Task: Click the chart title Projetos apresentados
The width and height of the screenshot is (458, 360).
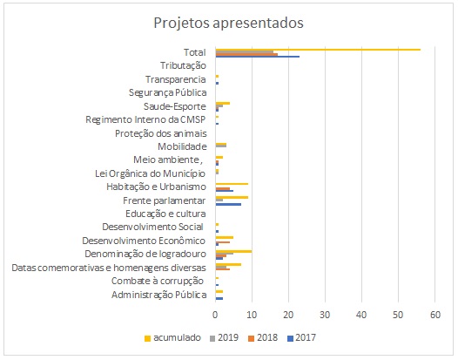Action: [228, 23]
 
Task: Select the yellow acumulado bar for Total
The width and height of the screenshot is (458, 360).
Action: [318, 50]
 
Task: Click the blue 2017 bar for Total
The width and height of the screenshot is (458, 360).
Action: [258, 56]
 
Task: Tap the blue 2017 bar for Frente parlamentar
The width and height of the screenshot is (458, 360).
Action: [228, 204]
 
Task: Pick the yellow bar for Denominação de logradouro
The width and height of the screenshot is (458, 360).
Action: [233, 251]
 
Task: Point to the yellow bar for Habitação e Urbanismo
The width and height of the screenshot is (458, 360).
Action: [232, 184]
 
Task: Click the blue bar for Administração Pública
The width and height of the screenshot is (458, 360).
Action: [219, 298]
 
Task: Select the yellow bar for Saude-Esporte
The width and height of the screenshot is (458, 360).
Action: [223, 103]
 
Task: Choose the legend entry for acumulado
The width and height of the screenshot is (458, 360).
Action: [172, 338]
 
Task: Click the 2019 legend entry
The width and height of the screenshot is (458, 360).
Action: [224, 338]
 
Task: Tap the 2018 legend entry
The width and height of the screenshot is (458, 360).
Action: [263, 338]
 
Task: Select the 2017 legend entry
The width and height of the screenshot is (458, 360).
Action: [301, 338]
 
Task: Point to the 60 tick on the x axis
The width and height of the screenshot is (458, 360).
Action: [435, 315]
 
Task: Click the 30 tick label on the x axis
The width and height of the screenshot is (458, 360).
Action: [325, 315]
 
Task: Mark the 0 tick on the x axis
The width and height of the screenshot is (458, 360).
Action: [215, 315]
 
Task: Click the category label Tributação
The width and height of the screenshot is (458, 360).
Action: [183, 65]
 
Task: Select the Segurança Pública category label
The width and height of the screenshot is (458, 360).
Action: [168, 92]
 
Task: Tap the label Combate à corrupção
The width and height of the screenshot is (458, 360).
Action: [158, 281]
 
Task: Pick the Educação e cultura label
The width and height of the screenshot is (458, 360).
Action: [165, 214]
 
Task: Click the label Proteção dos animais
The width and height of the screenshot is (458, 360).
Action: [161, 133]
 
